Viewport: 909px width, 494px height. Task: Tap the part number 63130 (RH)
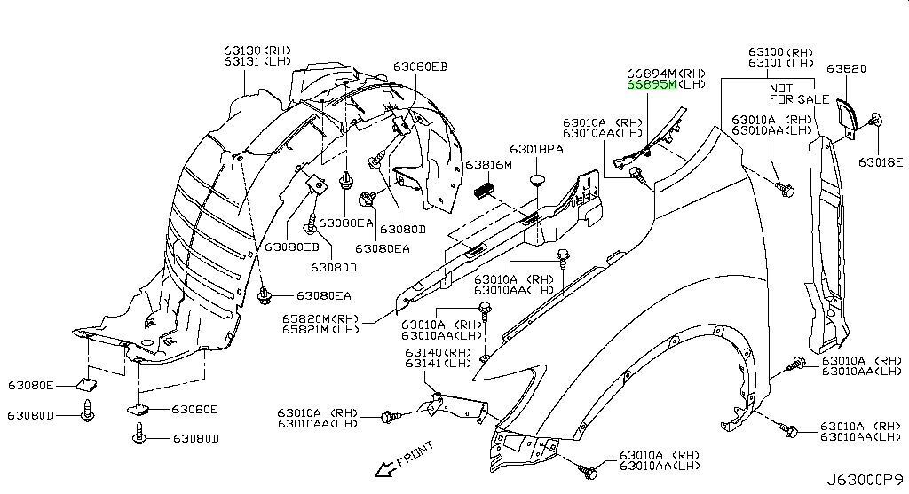pyautogui.click(x=257, y=51)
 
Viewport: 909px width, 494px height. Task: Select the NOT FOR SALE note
pyautogui.click(x=799, y=94)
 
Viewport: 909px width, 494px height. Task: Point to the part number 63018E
pyautogui.click(x=879, y=162)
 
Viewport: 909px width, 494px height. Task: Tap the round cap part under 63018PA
pyautogui.click(x=536, y=182)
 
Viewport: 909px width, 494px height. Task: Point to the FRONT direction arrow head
pyautogui.click(x=378, y=471)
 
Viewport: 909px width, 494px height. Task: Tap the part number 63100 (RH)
pyautogui.click(x=780, y=52)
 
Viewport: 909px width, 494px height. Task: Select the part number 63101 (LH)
pyautogui.click(x=780, y=63)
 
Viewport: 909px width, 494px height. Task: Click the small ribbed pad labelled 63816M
pyautogui.click(x=485, y=190)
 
